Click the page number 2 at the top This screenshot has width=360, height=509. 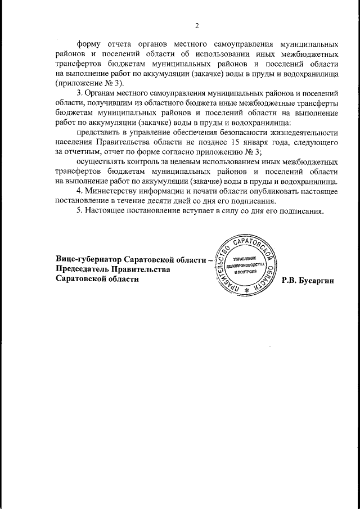(x=197, y=25)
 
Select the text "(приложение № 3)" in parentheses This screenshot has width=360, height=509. (x=87, y=82)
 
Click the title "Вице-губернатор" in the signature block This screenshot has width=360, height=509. (x=87, y=259)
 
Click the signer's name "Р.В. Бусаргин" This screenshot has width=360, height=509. (x=308, y=280)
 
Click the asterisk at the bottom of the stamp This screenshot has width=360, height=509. (x=246, y=291)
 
